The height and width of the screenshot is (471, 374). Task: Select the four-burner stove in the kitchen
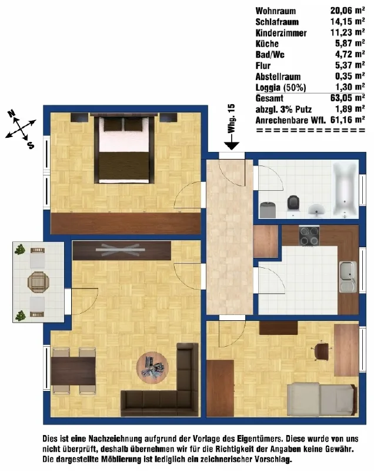coord(309,236)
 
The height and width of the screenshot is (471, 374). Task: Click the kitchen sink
coord(348,277)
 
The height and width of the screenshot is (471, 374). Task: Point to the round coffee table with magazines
coord(152,367)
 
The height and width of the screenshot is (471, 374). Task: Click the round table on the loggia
coord(38,282)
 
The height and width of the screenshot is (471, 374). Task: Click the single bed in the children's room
coord(322,399)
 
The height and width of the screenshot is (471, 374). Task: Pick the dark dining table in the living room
coord(73,371)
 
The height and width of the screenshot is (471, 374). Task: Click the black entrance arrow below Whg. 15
coord(232,141)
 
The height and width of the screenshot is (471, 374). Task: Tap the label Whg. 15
coord(231,118)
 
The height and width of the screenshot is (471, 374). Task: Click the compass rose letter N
coord(11,114)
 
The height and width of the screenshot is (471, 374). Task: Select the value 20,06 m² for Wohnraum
coord(348,11)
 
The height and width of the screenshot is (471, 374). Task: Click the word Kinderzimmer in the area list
coord(281,33)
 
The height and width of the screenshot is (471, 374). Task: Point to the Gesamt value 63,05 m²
coord(348,98)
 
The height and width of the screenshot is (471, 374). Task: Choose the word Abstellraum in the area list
coord(278,77)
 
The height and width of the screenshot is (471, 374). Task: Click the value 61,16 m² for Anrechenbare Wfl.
coord(348,120)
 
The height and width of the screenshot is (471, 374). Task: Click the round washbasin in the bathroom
coord(316,209)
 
